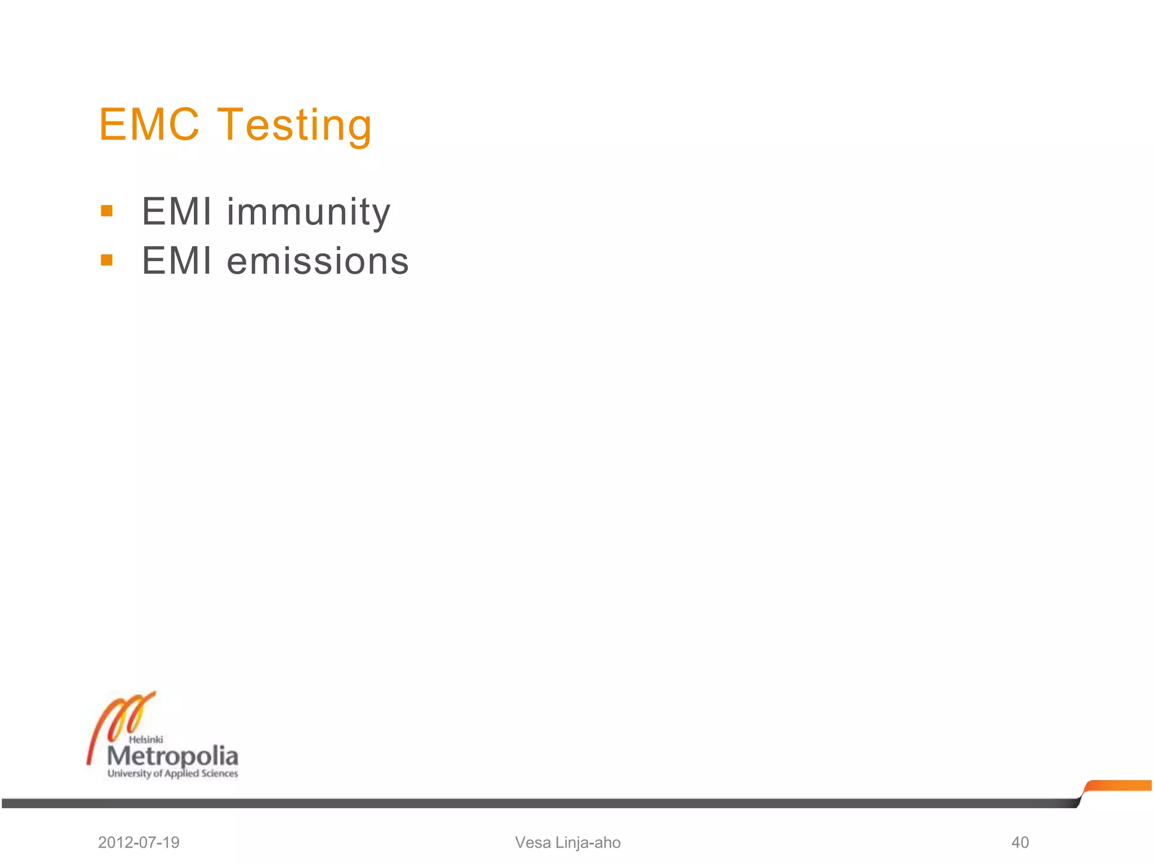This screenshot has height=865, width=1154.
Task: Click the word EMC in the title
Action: (149, 124)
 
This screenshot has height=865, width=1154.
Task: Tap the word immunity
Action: (308, 213)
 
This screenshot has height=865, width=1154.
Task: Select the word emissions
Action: (318, 261)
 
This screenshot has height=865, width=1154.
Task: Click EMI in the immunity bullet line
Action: (177, 212)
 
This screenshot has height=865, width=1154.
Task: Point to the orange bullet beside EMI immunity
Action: (106, 211)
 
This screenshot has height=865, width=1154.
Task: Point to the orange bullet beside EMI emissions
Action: (106, 260)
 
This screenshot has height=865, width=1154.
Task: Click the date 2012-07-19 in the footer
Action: (139, 842)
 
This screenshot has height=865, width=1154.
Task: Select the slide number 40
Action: (1020, 842)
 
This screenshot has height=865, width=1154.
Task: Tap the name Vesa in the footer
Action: (532, 842)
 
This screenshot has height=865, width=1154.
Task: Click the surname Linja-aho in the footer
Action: (588, 842)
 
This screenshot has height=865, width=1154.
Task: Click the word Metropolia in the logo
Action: (172, 756)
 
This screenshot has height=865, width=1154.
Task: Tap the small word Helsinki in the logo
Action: (146, 739)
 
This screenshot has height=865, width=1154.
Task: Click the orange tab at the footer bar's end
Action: (1119, 786)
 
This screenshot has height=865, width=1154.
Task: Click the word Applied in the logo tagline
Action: (181, 774)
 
